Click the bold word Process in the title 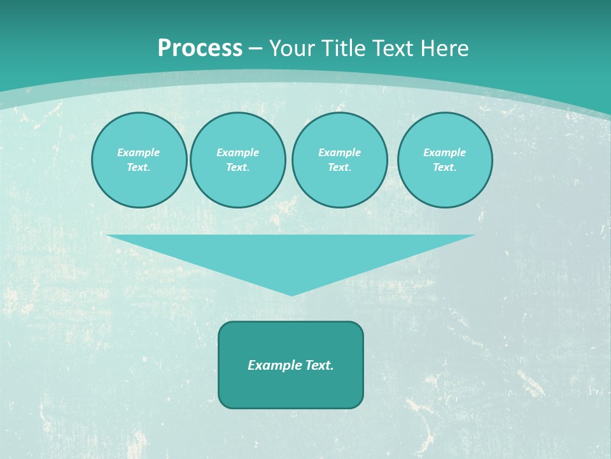(200, 48)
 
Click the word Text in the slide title (393, 48)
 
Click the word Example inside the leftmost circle (139, 152)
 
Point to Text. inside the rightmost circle (444, 167)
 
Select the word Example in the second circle (237, 152)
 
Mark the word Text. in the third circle (339, 167)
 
